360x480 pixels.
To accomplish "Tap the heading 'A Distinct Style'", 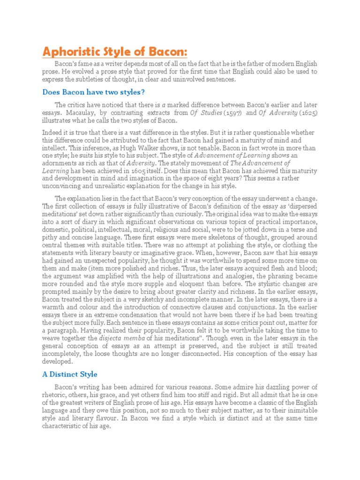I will coord(70,374).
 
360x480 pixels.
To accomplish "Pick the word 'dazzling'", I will coord(268,387).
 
